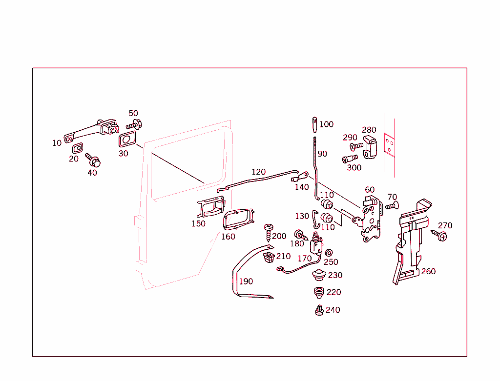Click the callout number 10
(x=57, y=143)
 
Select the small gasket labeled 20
(x=77, y=148)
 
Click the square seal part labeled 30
(x=127, y=140)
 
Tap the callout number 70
(x=392, y=197)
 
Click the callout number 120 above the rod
(x=258, y=172)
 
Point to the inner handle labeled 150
(x=210, y=208)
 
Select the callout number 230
(x=335, y=275)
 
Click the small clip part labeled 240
(x=319, y=310)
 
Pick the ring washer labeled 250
(x=329, y=252)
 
